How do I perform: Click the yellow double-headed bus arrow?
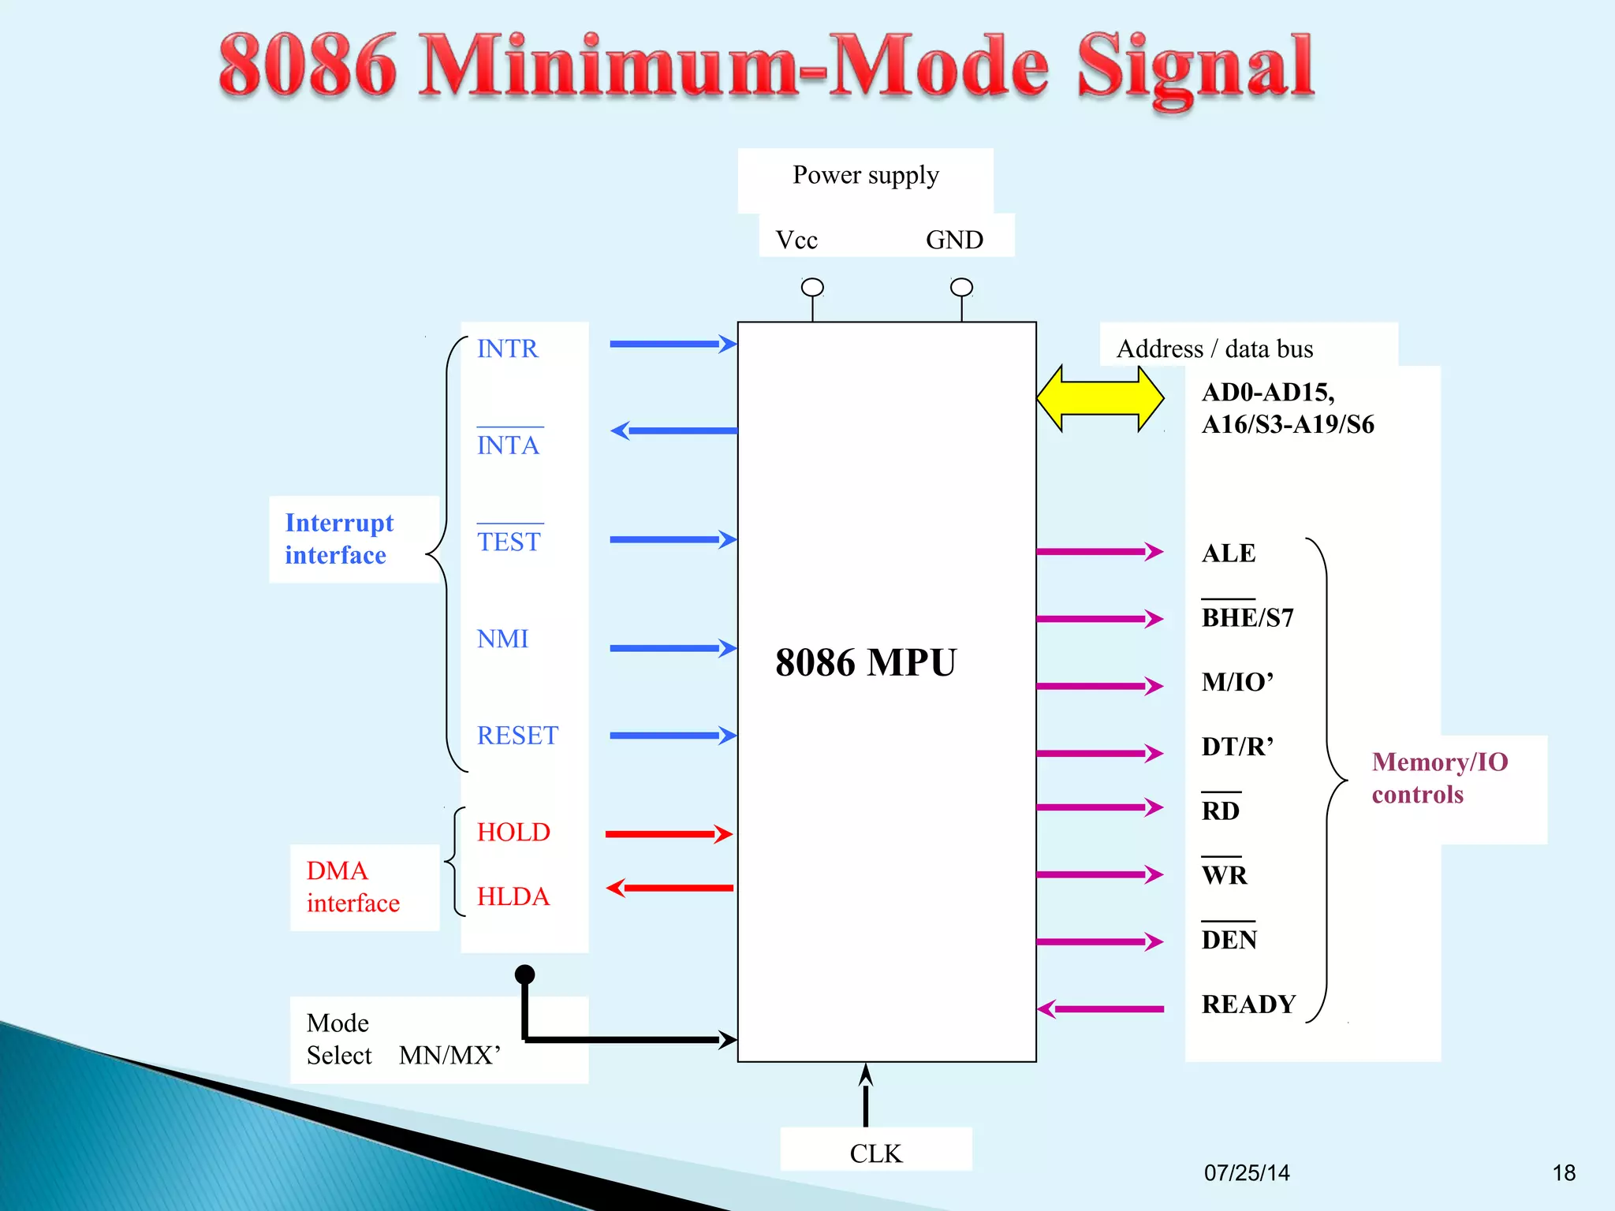(x=1100, y=398)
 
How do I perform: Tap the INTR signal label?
(x=507, y=348)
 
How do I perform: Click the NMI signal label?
(x=502, y=639)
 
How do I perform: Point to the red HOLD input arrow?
(x=669, y=834)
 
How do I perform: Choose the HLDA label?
(x=513, y=896)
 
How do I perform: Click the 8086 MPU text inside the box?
(x=865, y=662)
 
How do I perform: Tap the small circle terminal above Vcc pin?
(x=812, y=287)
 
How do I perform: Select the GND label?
(x=954, y=240)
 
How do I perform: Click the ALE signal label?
(x=1228, y=553)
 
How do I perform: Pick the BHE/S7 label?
(x=1248, y=617)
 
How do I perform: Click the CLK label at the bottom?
(x=875, y=1153)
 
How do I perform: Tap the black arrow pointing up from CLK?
(x=866, y=1096)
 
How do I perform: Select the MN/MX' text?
(x=449, y=1055)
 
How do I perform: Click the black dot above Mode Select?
(x=524, y=974)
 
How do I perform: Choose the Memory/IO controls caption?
(x=1439, y=778)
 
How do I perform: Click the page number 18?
(x=1564, y=1173)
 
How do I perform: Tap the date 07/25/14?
(x=1247, y=1173)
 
